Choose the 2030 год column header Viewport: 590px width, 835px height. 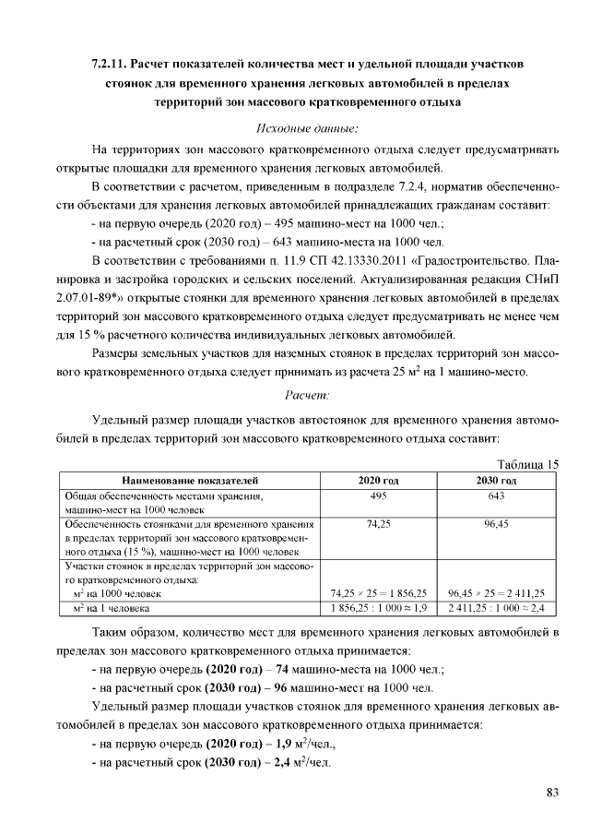tap(496, 481)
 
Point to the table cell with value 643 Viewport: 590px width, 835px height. tap(496, 495)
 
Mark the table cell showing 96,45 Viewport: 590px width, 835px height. tap(496, 523)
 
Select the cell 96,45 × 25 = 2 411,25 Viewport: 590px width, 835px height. tap(496, 593)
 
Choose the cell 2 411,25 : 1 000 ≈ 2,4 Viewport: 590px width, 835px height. tap(496, 609)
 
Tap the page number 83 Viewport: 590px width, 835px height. tap(552, 793)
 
